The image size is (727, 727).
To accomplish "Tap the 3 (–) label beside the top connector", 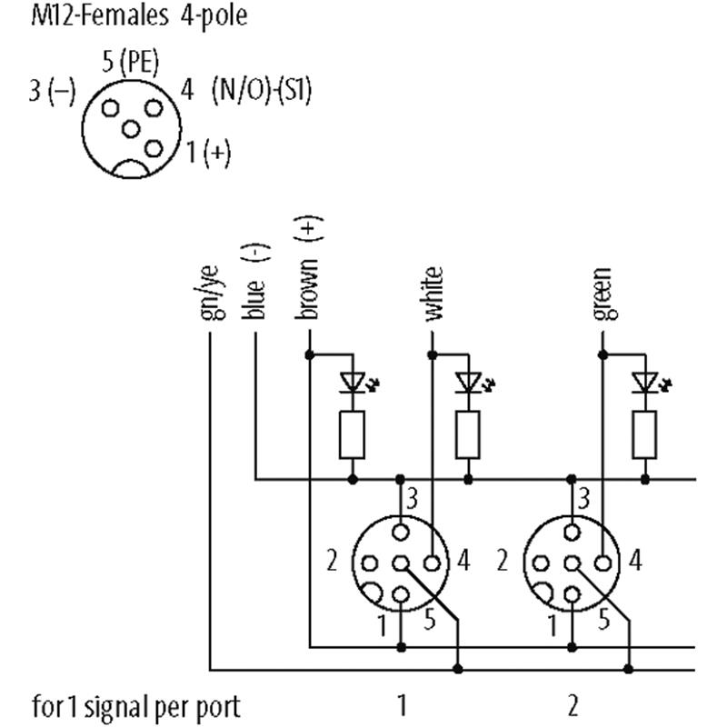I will click(x=52, y=93).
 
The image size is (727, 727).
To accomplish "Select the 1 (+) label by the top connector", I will click(x=209, y=152).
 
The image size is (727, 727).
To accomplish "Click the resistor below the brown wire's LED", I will click(x=352, y=433).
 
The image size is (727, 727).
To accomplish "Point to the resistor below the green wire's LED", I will click(x=644, y=433).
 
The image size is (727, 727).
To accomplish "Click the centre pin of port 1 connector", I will click(x=399, y=563).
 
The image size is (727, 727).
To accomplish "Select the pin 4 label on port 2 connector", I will click(x=635, y=561).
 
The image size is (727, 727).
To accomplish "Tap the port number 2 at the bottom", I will click(x=573, y=704).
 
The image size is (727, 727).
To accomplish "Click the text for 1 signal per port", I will click(x=136, y=705).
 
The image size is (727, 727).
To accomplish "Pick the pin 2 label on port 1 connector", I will click(x=332, y=561).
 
